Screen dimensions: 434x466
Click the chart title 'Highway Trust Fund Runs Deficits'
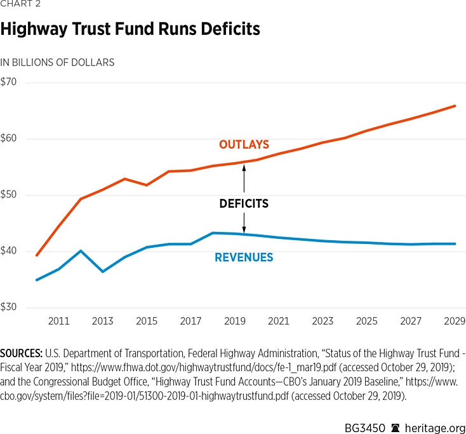point(130,29)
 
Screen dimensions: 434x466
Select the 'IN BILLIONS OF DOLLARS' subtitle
point(57,62)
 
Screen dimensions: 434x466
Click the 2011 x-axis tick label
point(58,322)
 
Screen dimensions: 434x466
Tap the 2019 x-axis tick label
point(235,322)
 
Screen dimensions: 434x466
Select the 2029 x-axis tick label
point(455,322)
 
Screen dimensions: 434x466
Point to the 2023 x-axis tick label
point(323,322)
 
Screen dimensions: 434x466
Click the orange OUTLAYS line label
point(244,145)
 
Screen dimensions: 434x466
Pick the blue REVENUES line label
point(244,257)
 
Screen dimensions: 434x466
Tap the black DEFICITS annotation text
point(244,204)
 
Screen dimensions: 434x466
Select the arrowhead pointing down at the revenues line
point(244,230)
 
